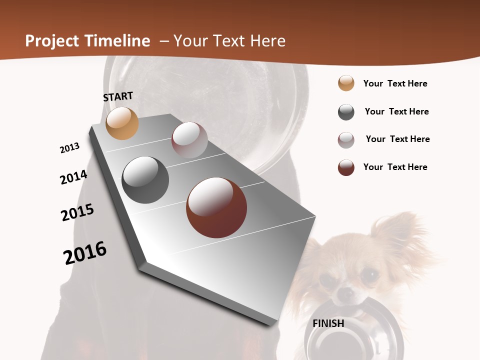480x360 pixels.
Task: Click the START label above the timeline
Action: coord(118,96)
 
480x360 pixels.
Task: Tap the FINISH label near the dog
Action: coord(328,323)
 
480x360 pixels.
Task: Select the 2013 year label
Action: coord(69,148)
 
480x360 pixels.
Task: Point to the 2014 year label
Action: coord(73,177)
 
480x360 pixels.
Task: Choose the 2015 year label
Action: coord(77,212)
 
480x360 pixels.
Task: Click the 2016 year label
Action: coord(85,252)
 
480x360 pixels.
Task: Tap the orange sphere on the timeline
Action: coord(122,123)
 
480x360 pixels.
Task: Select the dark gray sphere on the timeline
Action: coord(145,179)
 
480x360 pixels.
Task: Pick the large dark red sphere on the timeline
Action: coord(216,207)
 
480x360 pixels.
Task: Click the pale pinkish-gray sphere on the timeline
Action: coord(189,140)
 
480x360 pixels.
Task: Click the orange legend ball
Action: coord(346,83)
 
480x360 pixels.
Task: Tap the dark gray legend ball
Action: coord(346,112)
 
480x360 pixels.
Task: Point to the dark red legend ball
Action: coord(346,167)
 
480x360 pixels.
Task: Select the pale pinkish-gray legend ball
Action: coord(346,140)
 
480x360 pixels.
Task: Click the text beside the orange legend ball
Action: coord(395,83)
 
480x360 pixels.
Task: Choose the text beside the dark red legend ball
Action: coord(395,167)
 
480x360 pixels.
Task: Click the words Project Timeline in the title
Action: coord(87,41)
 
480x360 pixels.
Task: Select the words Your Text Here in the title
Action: coord(229,41)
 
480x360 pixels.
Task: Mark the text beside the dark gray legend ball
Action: coord(396,111)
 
